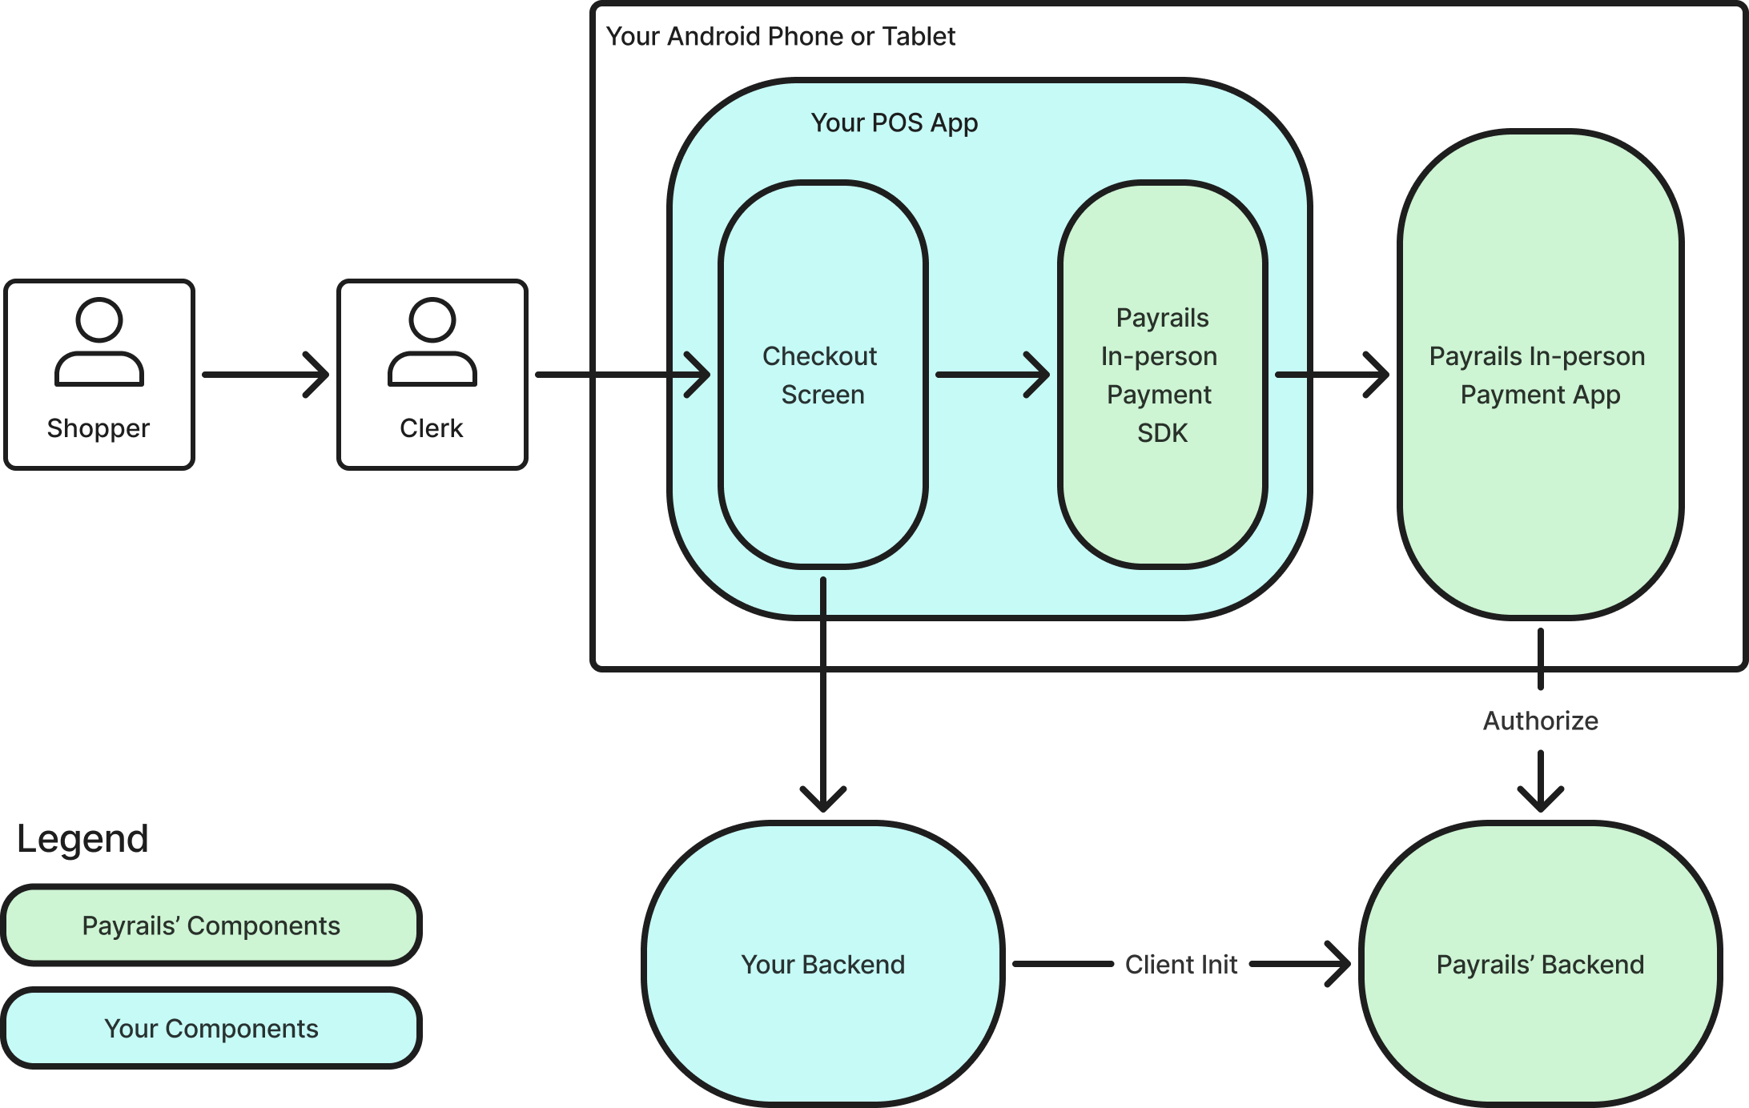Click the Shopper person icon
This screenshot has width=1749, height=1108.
click(99, 342)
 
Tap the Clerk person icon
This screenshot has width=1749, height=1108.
click(432, 342)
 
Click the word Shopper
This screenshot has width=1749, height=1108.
click(99, 429)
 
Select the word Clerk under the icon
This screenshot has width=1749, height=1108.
click(432, 428)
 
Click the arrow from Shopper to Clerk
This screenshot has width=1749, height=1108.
click(266, 375)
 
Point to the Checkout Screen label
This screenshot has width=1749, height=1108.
click(822, 375)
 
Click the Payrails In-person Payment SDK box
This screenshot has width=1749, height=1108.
click(1163, 375)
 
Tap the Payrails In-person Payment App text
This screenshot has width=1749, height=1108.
click(1538, 375)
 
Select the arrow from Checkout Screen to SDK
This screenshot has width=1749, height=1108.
click(993, 375)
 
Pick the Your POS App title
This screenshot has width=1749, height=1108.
click(895, 123)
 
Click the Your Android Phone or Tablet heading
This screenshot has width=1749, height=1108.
click(781, 37)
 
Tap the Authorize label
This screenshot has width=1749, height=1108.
click(1541, 721)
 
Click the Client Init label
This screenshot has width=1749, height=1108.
click(1181, 965)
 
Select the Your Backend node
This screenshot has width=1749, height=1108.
click(823, 964)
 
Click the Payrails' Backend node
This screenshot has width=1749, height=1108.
click(1541, 964)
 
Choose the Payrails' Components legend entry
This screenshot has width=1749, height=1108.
click(211, 925)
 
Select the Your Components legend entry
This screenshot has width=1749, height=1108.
click(211, 1029)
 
